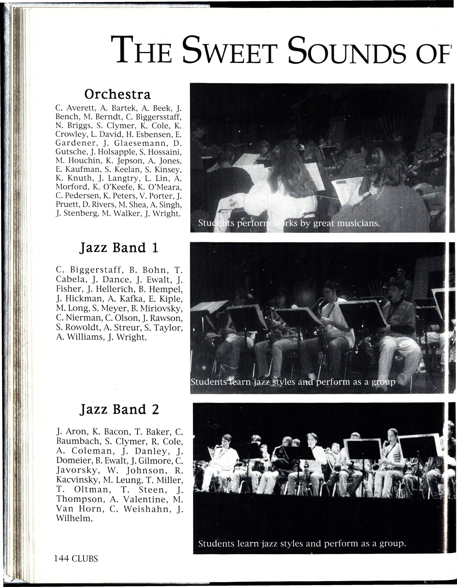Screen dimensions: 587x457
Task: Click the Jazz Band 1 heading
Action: coord(119,247)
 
